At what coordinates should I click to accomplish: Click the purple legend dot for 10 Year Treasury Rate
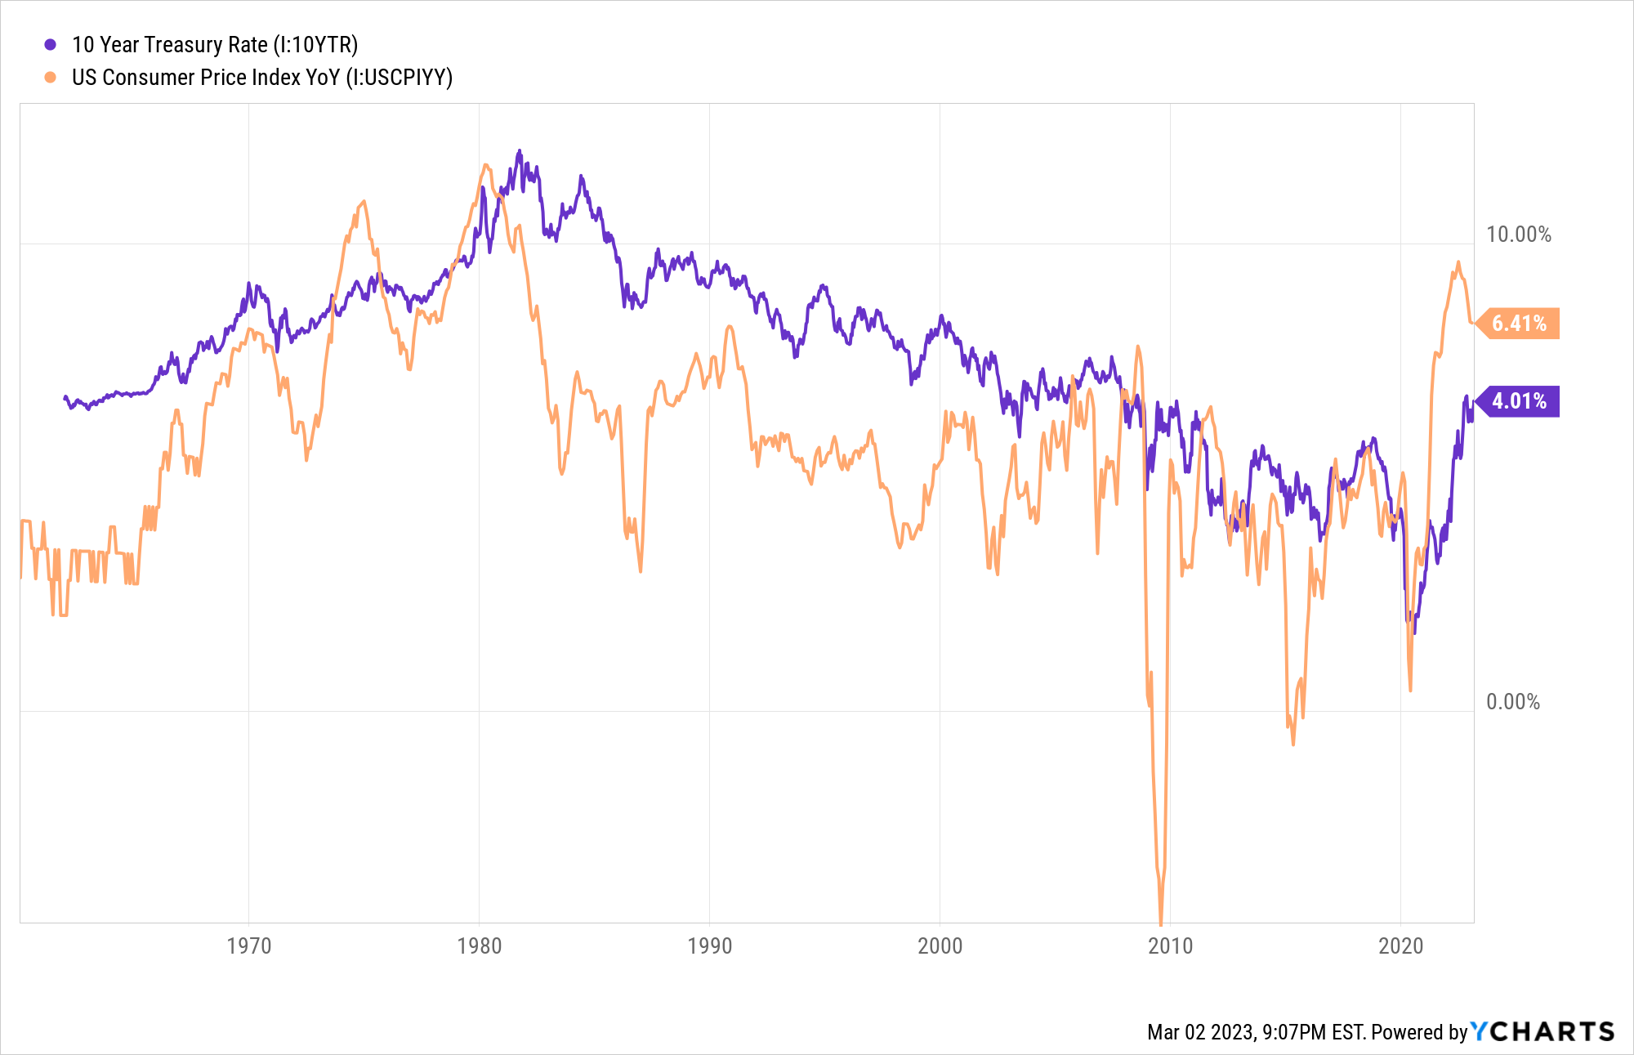point(51,45)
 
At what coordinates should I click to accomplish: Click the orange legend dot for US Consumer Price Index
point(51,78)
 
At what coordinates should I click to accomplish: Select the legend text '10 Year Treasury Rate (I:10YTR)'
point(215,45)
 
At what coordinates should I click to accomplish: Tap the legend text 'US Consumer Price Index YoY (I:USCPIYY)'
point(261,78)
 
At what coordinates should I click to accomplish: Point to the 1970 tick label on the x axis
point(249,946)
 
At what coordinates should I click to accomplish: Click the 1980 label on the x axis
point(480,946)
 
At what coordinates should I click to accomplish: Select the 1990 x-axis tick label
point(710,946)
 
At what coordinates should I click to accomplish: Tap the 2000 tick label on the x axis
point(940,946)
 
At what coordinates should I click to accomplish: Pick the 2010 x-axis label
point(1171,946)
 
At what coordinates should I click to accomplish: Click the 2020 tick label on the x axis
point(1401,946)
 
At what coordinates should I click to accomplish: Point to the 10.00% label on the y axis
point(1518,235)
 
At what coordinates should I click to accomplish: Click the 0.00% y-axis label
point(1512,702)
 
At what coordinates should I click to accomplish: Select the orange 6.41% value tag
point(1519,324)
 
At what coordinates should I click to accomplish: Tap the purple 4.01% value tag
point(1519,401)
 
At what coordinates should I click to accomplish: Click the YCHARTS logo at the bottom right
point(1542,1031)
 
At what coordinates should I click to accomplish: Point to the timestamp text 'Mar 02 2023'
point(1199,1032)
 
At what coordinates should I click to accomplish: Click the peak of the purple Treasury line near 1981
point(519,151)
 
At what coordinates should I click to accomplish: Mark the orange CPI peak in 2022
point(1458,263)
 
